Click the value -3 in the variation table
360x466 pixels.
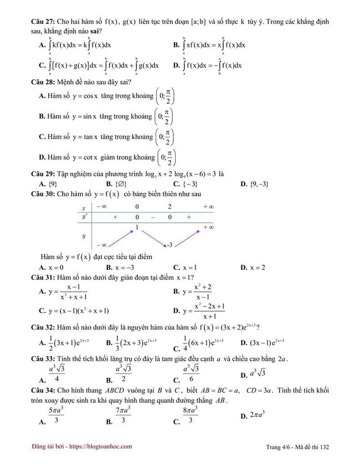click(x=171, y=244)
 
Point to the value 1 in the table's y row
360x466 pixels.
click(x=137, y=227)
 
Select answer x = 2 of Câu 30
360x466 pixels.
click(x=256, y=268)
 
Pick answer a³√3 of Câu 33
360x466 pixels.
click(x=263, y=372)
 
